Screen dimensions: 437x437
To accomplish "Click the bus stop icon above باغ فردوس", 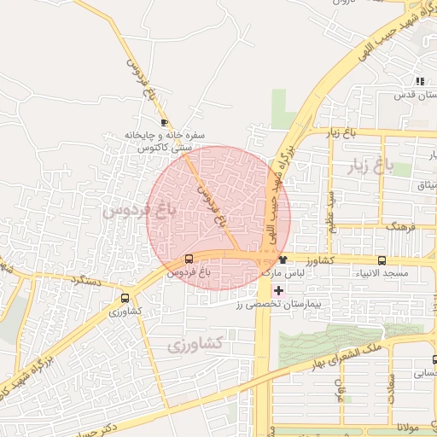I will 189,259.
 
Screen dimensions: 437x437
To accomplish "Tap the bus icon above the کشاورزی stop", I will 125,298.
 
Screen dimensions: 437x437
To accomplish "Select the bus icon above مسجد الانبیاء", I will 382,260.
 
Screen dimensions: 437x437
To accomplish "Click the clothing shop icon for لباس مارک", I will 283,259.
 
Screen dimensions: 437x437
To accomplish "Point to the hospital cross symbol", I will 279,290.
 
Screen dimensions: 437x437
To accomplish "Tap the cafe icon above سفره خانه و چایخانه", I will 164,123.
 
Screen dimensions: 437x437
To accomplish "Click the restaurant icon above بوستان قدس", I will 419,82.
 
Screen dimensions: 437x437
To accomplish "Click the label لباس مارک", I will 283,272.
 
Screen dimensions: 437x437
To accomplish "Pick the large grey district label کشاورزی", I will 195,344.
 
